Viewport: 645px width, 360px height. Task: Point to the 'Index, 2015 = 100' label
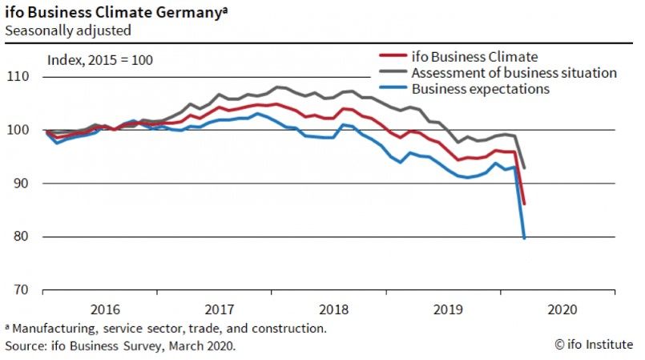pos(99,59)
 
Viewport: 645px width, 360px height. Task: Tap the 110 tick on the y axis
pos(18,77)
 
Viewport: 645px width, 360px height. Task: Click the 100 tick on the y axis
pos(18,130)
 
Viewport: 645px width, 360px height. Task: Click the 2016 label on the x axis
pos(107,309)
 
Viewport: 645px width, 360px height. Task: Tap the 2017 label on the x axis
pos(220,309)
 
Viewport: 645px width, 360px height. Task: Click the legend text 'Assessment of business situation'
pos(514,73)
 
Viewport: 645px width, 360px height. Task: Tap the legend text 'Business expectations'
pos(480,89)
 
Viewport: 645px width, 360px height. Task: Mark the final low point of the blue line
pos(524,238)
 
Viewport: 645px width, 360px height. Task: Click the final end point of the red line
pos(524,204)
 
